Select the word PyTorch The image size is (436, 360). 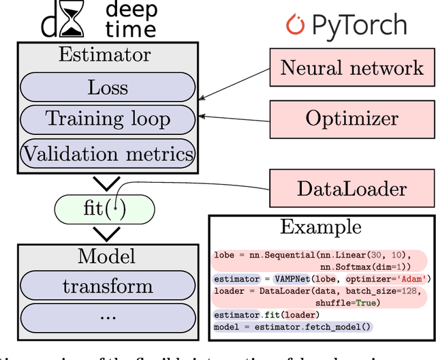359,27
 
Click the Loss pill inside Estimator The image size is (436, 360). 107,87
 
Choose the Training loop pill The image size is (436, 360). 107,119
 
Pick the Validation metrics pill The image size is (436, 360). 107,153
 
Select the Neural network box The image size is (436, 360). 352,67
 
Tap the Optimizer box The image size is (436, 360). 352,118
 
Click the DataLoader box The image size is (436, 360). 352,188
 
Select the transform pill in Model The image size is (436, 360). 107,286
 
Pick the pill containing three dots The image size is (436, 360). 107,317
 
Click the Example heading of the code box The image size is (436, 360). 321,227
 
